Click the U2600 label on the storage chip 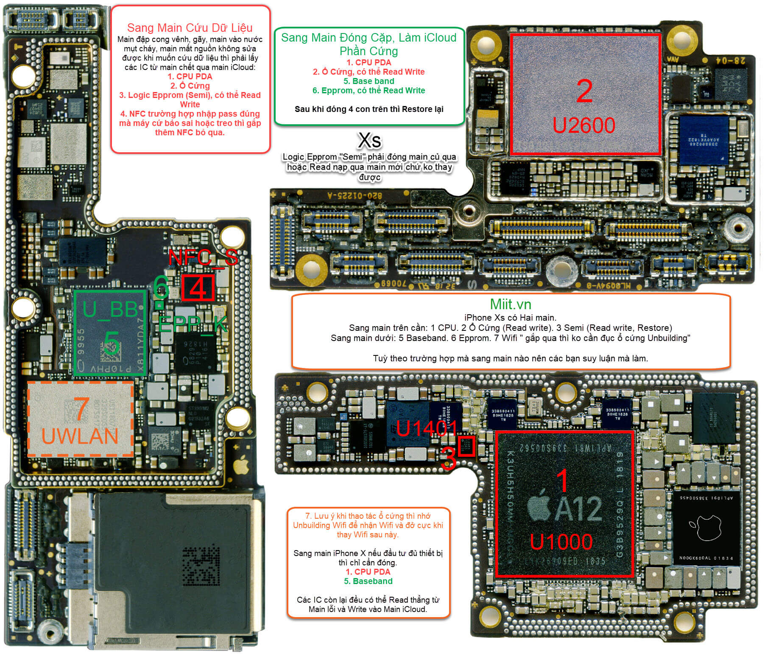point(584,125)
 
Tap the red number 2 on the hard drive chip point(584,91)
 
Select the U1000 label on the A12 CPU point(561,542)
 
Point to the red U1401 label point(427,429)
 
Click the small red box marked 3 point(466,447)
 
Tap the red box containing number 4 point(198,288)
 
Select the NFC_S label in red point(203,257)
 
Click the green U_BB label point(110,309)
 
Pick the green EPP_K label point(193,324)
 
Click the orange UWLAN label point(80,436)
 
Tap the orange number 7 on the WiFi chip point(81,408)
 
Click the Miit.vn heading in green point(511,304)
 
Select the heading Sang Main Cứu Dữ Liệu point(190,28)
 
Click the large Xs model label point(369,140)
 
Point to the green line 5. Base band point(369,81)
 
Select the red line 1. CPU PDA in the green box point(369,62)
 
